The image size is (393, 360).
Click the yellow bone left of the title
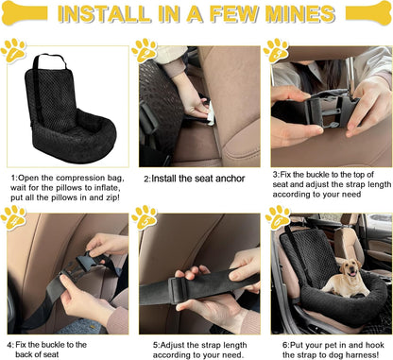pyautogui.click(x=25, y=13)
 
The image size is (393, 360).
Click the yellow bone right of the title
pyautogui.click(x=368, y=13)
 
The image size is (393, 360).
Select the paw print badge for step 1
pyautogui.click(x=13, y=51)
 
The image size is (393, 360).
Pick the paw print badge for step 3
pyautogui.click(x=276, y=51)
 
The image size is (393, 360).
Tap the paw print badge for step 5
pyautogui.click(x=145, y=218)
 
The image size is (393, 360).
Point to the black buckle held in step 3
pyautogui.click(x=328, y=111)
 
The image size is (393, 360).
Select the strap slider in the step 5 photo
pyautogui.click(x=179, y=288)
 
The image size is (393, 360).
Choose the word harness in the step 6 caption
pyautogui.click(x=366, y=354)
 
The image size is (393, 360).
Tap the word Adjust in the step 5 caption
pyautogui.click(x=172, y=345)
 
